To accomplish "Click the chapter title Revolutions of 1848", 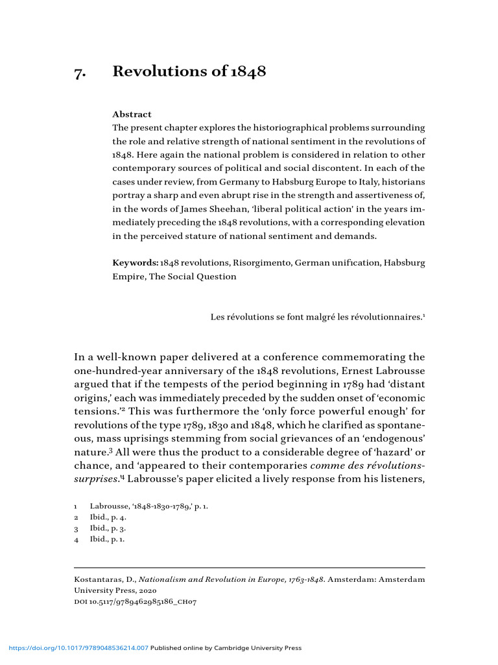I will point(189,71).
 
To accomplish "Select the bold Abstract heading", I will point(132,114).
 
